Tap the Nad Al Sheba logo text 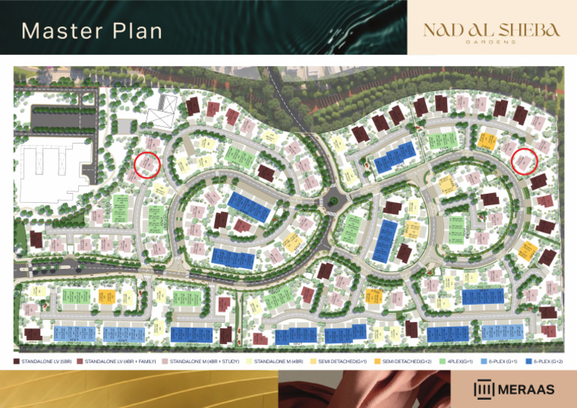coord(491,29)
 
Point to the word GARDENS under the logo coord(491,42)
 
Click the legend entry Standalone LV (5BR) coord(45,362)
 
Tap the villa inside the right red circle coord(524,160)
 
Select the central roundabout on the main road coord(331,200)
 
